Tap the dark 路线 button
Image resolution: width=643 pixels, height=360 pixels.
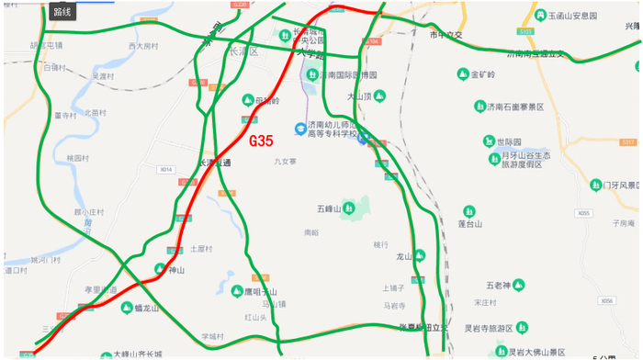click(62, 12)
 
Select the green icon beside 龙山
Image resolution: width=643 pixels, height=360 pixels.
click(419, 256)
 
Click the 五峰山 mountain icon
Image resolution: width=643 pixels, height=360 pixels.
click(348, 209)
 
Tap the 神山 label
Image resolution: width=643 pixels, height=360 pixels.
click(175, 270)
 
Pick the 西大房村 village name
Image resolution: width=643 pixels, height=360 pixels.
click(144, 45)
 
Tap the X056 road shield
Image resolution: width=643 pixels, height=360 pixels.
click(606, 300)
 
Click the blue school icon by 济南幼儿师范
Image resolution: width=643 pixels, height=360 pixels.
click(299, 129)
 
